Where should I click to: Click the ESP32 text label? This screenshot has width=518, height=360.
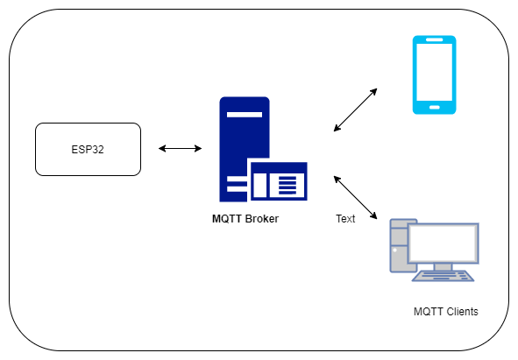[x=88, y=149]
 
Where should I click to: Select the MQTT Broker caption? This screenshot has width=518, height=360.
[x=245, y=219]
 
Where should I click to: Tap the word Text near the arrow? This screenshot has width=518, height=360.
[x=345, y=219]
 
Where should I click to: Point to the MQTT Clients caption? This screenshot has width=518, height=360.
[x=445, y=312]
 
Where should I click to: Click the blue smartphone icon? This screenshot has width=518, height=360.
[x=435, y=74]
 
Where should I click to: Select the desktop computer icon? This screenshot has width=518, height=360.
[x=435, y=250]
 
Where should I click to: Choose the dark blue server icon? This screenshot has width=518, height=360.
[x=263, y=149]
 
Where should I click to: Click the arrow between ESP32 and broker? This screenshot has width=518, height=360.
[x=180, y=148]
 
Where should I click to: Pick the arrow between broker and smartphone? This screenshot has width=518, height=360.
[x=356, y=109]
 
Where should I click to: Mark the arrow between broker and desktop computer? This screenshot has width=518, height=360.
[x=356, y=197]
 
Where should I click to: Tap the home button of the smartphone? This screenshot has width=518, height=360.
[x=435, y=108]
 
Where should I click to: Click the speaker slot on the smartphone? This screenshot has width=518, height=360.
[x=435, y=39]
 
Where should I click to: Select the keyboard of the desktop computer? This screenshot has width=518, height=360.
[x=443, y=276]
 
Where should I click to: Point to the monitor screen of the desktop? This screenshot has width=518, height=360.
[x=443, y=244]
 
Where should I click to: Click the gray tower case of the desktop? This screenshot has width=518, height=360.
[x=399, y=245]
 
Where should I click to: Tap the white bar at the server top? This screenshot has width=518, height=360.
[x=245, y=115]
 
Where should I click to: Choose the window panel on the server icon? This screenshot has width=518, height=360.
[x=279, y=181]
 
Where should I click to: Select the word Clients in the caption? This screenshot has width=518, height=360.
[x=462, y=312]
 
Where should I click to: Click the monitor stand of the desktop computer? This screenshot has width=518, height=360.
[x=443, y=267]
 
